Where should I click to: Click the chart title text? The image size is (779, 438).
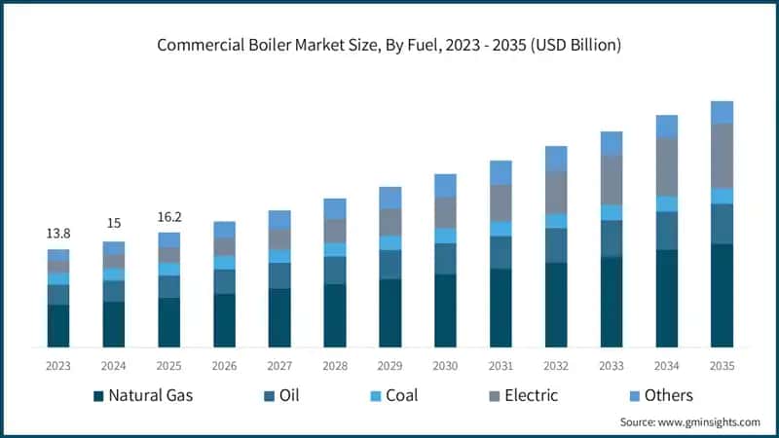pyautogui.click(x=389, y=45)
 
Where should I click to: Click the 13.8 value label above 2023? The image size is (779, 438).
pyautogui.click(x=58, y=234)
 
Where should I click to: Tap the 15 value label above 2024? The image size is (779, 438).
pyautogui.click(x=114, y=224)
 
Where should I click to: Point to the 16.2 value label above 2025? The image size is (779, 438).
pyautogui.click(x=169, y=216)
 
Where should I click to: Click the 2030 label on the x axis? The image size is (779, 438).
pyautogui.click(x=446, y=365)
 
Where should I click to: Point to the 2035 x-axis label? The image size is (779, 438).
pyautogui.click(x=722, y=365)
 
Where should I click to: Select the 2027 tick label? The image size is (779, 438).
pyautogui.click(x=279, y=365)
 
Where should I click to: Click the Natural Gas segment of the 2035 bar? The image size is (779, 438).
pyautogui.click(x=722, y=295)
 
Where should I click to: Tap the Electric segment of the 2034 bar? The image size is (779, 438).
pyautogui.click(x=666, y=166)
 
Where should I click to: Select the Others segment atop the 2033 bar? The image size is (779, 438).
pyautogui.click(x=611, y=143)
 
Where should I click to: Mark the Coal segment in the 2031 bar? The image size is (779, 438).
pyautogui.click(x=501, y=229)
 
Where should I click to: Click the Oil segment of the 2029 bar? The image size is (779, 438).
pyautogui.click(x=389, y=265)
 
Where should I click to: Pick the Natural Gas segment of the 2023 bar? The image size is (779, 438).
pyautogui.click(x=58, y=325)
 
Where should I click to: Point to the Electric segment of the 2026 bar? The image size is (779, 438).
pyautogui.click(x=224, y=246)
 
